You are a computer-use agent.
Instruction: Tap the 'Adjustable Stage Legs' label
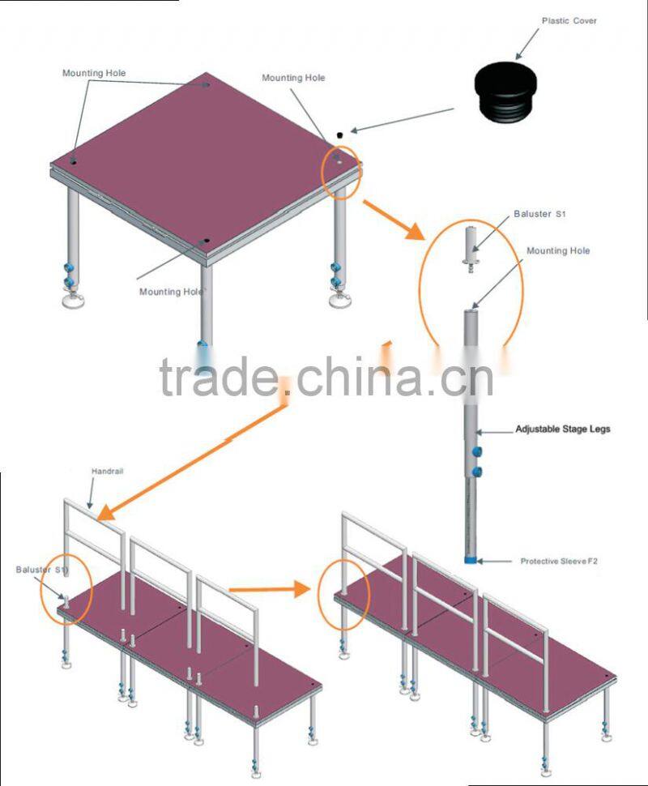pyautogui.click(x=563, y=429)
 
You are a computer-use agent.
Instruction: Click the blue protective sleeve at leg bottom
pyautogui.click(x=470, y=560)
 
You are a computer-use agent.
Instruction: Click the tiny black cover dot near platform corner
pyautogui.click(x=341, y=134)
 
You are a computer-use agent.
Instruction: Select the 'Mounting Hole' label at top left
pyautogui.click(x=94, y=73)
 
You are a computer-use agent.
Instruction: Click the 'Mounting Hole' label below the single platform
pyautogui.click(x=170, y=292)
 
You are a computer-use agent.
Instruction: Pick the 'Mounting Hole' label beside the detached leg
pyautogui.click(x=558, y=251)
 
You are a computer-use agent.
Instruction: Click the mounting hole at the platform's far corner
pyautogui.click(x=206, y=85)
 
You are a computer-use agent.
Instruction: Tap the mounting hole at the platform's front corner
pyautogui.click(x=207, y=242)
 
